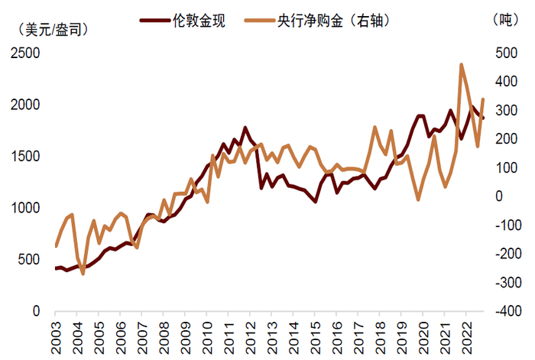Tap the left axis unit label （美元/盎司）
click(x=51, y=31)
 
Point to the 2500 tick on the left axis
click(x=28, y=53)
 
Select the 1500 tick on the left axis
click(x=28, y=156)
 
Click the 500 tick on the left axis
click(x=31, y=259)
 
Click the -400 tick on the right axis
click(x=507, y=311)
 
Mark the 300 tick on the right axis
click(x=504, y=110)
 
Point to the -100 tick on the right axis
click(x=507, y=225)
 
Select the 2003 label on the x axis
click(x=56, y=336)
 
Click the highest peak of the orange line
click(x=462, y=64)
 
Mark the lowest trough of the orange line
click(x=83, y=273)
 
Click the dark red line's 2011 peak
click(x=245, y=128)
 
